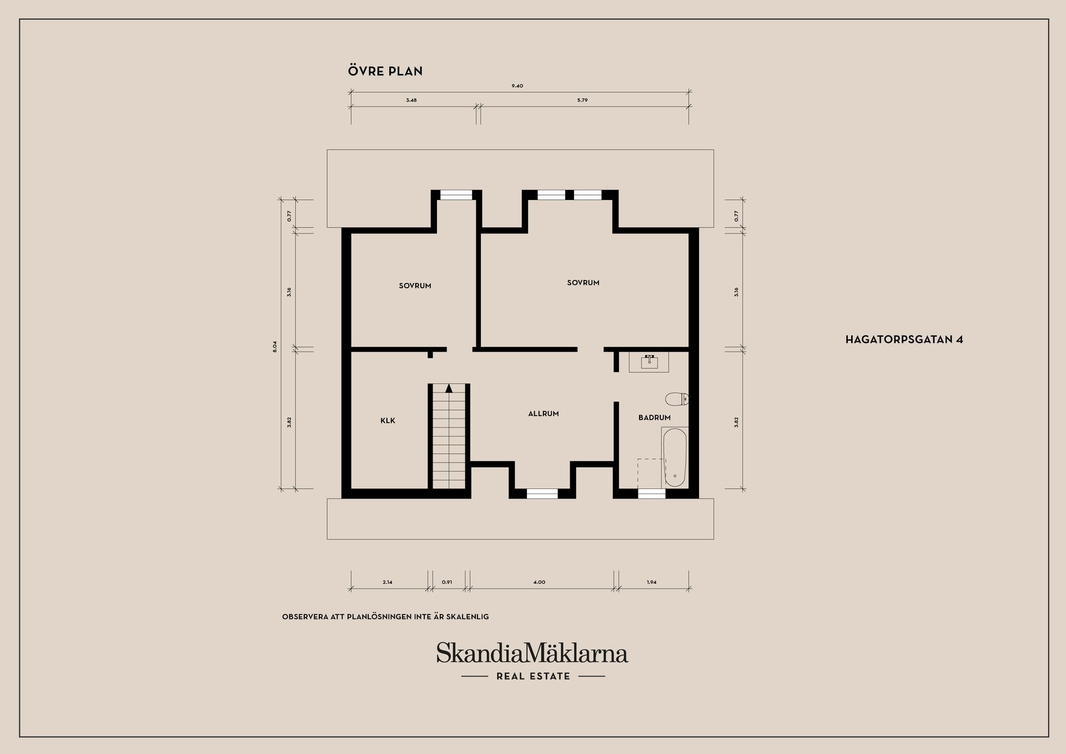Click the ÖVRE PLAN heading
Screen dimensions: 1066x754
(385, 71)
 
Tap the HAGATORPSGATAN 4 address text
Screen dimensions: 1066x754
(904, 339)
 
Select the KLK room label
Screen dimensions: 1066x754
(388, 421)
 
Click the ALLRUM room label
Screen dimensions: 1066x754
(544, 413)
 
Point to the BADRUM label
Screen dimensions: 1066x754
(655, 417)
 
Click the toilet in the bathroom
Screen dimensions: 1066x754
(677, 398)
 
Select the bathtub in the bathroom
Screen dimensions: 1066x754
(675, 457)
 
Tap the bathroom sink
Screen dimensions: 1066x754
(649, 362)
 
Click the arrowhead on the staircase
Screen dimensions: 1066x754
(449, 388)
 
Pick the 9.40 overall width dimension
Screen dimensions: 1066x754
(517, 86)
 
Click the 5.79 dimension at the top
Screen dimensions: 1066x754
(582, 101)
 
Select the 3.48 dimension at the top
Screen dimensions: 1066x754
(411, 101)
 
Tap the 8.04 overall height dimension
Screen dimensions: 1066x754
(275, 347)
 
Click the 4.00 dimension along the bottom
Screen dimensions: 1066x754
(539, 582)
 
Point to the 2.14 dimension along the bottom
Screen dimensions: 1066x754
(388, 582)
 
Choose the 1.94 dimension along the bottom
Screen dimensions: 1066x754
(652, 582)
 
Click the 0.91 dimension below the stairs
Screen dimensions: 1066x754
(447, 582)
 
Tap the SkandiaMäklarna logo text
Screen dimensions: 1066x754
(532, 653)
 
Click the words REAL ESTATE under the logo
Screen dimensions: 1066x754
(534, 676)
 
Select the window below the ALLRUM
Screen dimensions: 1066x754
(542, 493)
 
